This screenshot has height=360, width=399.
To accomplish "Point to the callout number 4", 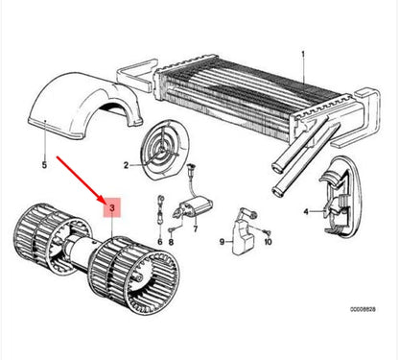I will pos(306,210).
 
